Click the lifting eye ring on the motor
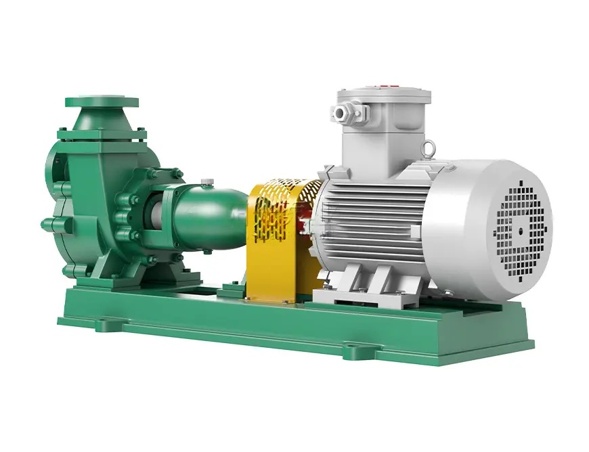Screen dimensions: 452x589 pyautogui.click(x=428, y=148)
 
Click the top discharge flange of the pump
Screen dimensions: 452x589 pyautogui.click(x=102, y=102)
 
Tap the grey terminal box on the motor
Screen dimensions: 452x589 pyautogui.click(x=386, y=129)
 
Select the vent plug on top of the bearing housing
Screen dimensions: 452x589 pyautogui.click(x=208, y=181)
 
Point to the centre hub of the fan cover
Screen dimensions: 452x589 pyautogui.click(x=520, y=230)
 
